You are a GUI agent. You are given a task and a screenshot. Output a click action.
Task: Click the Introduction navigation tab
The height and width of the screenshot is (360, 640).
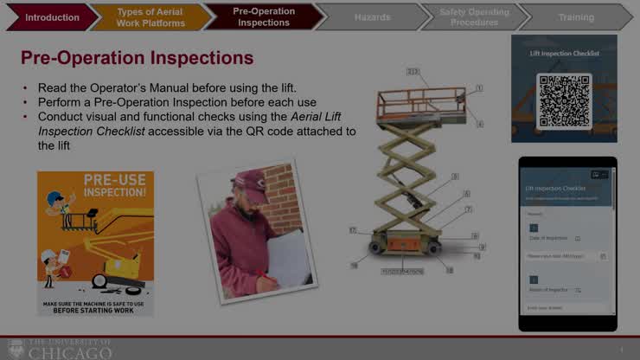(x=52, y=17)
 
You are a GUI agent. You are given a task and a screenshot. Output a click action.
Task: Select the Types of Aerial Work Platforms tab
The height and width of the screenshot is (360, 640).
(x=150, y=17)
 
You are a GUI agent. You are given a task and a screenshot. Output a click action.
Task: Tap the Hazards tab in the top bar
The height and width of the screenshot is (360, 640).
(x=372, y=17)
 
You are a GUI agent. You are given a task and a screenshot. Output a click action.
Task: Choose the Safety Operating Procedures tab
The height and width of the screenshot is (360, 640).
(x=473, y=17)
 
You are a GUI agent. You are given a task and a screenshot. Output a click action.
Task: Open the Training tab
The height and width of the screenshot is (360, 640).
(x=575, y=17)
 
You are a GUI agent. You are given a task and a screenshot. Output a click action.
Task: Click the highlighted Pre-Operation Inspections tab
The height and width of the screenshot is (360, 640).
(x=264, y=17)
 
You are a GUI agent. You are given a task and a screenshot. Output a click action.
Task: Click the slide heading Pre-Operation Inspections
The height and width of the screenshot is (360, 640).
(x=137, y=58)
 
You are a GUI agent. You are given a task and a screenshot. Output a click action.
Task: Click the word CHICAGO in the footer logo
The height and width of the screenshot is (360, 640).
(x=70, y=353)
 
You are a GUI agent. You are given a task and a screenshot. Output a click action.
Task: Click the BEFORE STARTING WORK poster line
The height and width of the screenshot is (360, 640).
(x=95, y=310)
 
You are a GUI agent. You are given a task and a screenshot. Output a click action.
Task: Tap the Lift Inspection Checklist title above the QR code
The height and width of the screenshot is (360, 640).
(x=564, y=54)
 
